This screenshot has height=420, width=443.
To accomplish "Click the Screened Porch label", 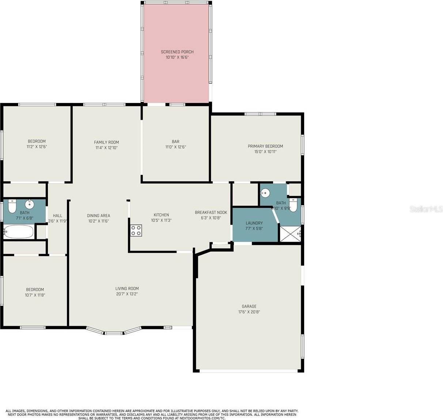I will click(x=177, y=52).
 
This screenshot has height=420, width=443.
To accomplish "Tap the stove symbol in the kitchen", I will click(x=136, y=230).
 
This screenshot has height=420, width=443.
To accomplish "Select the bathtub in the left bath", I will click(x=18, y=232).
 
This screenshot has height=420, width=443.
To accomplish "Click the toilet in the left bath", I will click(x=12, y=206).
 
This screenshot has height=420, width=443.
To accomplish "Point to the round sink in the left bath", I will click(x=29, y=204).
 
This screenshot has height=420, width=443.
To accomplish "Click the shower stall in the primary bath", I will click(x=290, y=234).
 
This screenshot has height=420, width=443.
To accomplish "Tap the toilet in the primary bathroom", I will click(x=293, y=205).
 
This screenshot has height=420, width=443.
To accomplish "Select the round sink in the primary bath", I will click(x=265, y=193).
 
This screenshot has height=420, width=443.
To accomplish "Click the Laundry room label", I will click(x=254, y=223).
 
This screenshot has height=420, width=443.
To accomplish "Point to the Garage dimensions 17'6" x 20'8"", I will click(x=249, y=312).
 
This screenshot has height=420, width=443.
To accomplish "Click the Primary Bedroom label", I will click(x=265, y=146).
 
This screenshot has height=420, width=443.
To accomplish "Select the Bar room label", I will click(x=175, y=142).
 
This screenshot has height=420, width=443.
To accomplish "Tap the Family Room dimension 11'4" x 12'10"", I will click(x=106, y=148).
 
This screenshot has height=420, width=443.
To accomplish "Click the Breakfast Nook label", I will click(x=211, y=213).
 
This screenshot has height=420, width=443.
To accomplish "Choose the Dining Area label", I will click(x=98, y=215).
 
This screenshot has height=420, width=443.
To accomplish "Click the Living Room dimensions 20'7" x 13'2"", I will click(x=127, y=294).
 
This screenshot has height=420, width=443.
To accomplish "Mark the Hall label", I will click(x=57, y=215).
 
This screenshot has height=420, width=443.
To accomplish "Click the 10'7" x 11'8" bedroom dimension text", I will click(x=35, y=295).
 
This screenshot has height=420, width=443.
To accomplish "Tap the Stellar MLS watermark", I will click(x=426, y=209).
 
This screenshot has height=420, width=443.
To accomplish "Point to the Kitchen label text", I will click(x=161, y=215).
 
